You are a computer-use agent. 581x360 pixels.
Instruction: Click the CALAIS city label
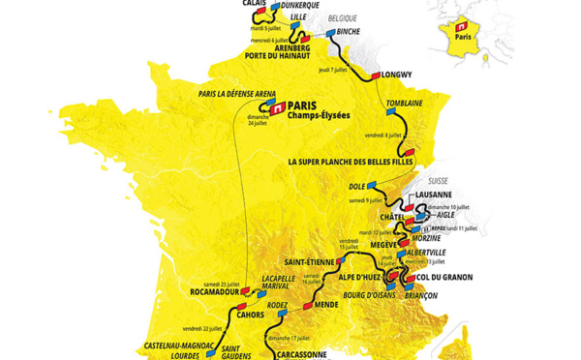pyautogui.click(x=255, y=4)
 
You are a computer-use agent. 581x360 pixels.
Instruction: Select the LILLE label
pyautogui.click(x=297, y=18)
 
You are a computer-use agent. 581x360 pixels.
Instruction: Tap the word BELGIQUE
pyautogui.click(x=342, y=18)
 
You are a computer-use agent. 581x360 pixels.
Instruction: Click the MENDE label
pyautogui.click(x=325, y=305)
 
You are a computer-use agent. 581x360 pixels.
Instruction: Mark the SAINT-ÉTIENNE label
pyautogui.click(x=309, y=261)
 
